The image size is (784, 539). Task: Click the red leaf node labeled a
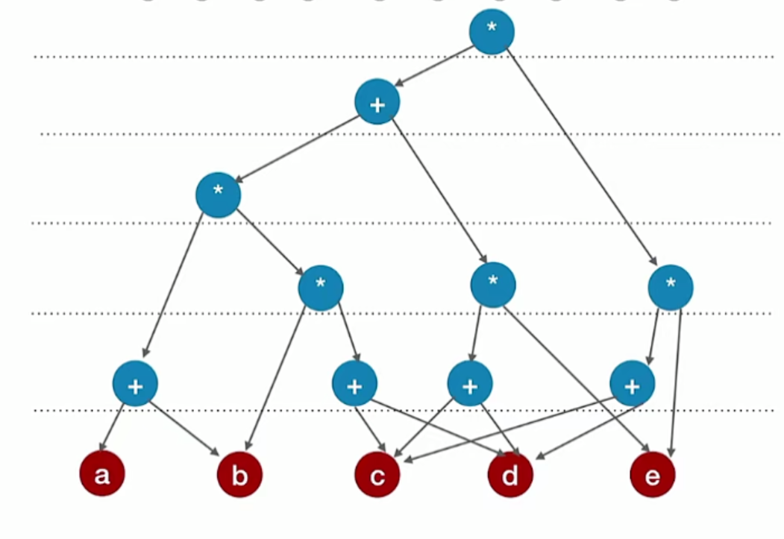pyautogui.click(x=102, y=473)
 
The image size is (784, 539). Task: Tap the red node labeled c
pyautogui.click(x=377, y=475)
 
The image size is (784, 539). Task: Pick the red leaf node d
pyautogui.click(x=510, y=475)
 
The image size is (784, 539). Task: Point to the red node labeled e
pyautogui.click(x=652, y=475)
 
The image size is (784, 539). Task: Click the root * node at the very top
pyautogui.click(x=492, y=31)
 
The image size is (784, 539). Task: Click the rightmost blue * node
pyautogui.click(x=671, y=287)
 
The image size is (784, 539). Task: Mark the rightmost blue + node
pyautogui.click(x=632, y=384)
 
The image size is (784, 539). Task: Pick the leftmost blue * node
pyautogui.click(x=218, y=195)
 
